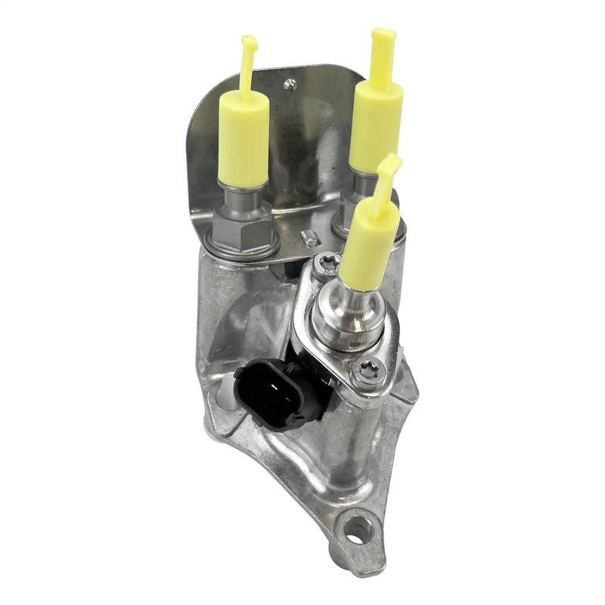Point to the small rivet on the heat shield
point(291,85)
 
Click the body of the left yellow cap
point(243,140)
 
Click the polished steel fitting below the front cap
point(355,314)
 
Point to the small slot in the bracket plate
point(307,240)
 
